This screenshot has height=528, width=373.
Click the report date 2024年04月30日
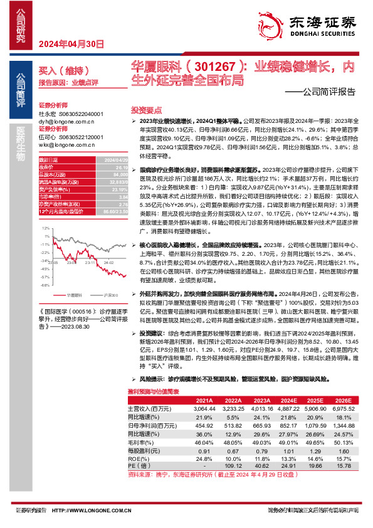(62, 43)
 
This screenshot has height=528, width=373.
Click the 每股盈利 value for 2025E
(316, 451)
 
